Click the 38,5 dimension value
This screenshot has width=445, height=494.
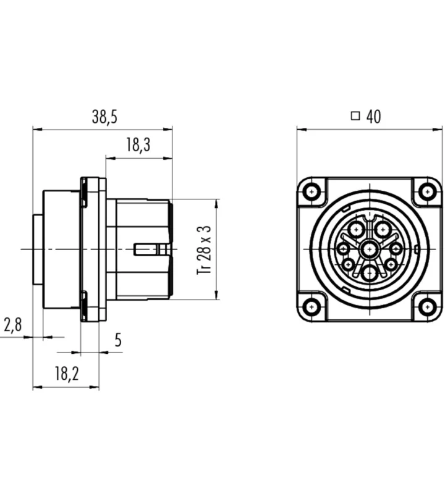(x=104, y=117)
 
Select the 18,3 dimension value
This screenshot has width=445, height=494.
(x=138, y=145)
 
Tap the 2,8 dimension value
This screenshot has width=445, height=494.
(x=13, y=325)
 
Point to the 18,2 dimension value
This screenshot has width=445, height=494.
(x=67, y=374)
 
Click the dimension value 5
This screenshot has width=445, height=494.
(x=118, y=340)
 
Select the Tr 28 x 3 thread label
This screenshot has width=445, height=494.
(x=204, y=250)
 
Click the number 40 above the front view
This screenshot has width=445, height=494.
(x=374, y=117)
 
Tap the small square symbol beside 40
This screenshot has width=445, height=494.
(x=355, y=116)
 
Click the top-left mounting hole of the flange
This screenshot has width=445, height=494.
(x=311, y=191)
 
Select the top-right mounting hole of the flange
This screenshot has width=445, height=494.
(x=427, y=191)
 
